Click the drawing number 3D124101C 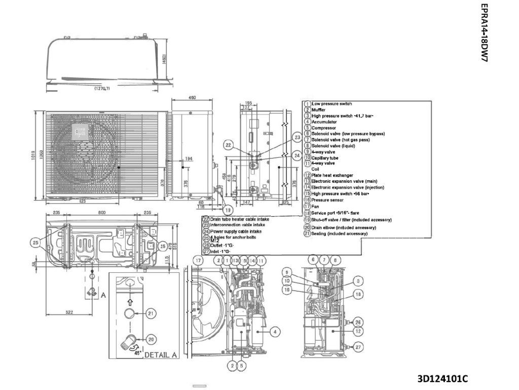[442, 379]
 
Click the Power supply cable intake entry [235, 231]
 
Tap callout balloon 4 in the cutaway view [274, 332]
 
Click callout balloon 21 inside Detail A [151, 314]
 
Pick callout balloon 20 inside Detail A [151, 339]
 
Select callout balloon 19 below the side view [229, 210]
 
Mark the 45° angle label [137, 354]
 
